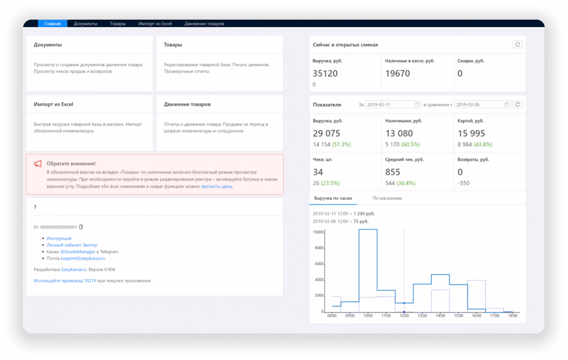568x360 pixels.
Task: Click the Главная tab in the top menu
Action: point(53,23)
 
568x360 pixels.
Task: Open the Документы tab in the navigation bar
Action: point(85,23)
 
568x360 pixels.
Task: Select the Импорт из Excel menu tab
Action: point(155,23)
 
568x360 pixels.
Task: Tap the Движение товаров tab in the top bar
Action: point(204,23)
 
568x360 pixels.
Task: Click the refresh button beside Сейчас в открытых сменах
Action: point(518,45)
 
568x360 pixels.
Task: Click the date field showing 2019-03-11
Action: point(393,104)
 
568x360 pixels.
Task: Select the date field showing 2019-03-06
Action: point(482,104)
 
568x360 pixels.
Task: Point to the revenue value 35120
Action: point(325,73)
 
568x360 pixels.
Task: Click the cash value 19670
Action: point(398,73)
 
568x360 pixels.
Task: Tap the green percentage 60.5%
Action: point(411,144)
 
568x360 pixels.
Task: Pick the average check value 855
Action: point(393,172)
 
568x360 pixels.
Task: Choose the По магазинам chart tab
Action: point(387,198)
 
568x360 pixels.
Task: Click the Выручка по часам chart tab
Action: point(333,198)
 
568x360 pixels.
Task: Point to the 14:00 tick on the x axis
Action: point(441,316)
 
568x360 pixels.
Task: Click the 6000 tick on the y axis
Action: point(319,263)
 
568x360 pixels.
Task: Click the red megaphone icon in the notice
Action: point(38,163)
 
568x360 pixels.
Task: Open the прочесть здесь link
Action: point(217,187)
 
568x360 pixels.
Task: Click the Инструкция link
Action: point(59,238)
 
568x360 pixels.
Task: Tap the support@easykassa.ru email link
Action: point(83,258)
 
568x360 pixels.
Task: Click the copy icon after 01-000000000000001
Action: point(81,227)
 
